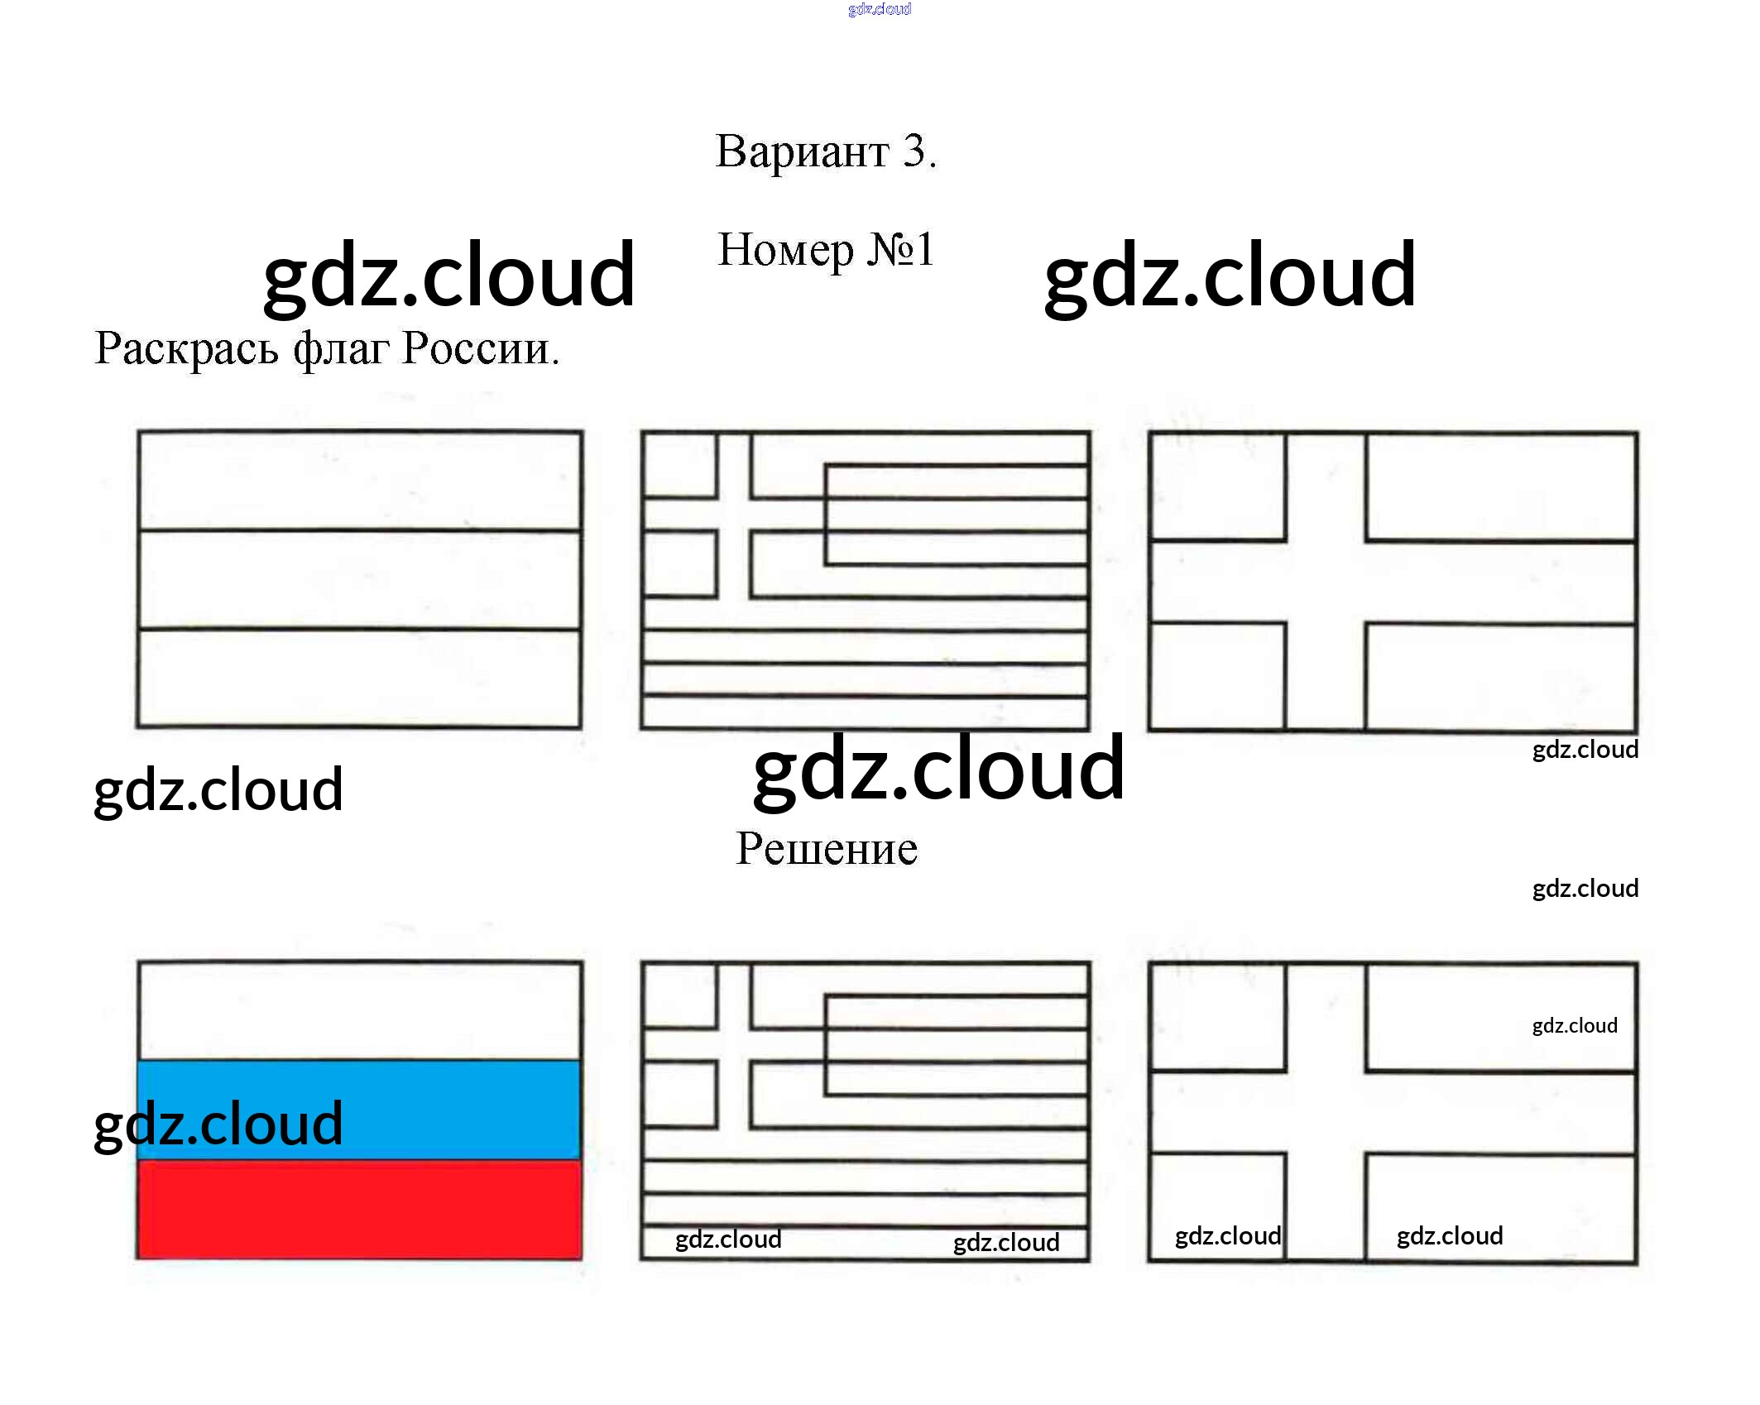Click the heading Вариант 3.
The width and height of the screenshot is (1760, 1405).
pyautogui.click(x=826, y=151)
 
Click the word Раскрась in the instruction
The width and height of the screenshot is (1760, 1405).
pyautogui.click(x=186, y=348)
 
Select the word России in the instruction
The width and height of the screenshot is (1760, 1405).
pyautogui.click(x=481, y=348)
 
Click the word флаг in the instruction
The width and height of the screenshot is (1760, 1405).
pyautogui.click(x=341, y=348)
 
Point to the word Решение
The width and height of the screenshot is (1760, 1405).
pyautogui.click(x=827, y=848)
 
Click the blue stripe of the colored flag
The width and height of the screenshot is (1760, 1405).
pyautogui.click(x=360, y=1110)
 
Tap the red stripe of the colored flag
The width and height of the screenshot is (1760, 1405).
pyautogui.click(x=360, y=1209)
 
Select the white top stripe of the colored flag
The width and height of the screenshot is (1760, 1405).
pyautogui.click(x=360, y=1011)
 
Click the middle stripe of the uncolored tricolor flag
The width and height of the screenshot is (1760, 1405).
pyautogui.click(x=360, y=579)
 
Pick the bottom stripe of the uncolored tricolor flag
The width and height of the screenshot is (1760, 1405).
pyautogui.click(x=360, y=679)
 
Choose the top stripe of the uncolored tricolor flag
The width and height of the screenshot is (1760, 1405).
pyautogui.click(x=360, y=480)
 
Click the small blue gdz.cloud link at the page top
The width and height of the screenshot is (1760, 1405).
pyautogui.click(x=880, y=9)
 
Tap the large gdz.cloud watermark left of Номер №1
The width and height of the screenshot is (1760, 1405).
pyautogui.click(x=449, y=274)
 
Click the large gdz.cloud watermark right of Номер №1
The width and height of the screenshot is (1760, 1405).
pyautogui.click(x=1230, y=274)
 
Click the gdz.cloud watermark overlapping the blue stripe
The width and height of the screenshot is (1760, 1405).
pyautogui.click(x=218, y=1124)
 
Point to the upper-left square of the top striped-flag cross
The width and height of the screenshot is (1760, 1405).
pyautogui.click(x=680, y=465)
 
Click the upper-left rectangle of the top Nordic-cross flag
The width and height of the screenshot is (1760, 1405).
pyautogui.click(x=1218, y=487)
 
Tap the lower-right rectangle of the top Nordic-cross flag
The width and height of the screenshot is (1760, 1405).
pyautogui.click(x=1500, y=677)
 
